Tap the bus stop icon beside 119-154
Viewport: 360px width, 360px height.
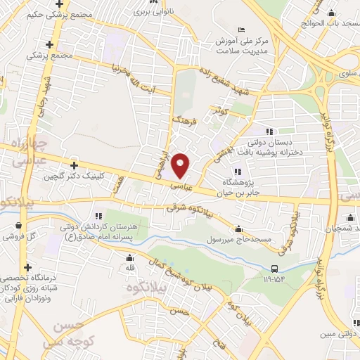(x=274, y=268)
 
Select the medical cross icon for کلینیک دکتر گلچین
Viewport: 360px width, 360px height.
(x=73, y=165)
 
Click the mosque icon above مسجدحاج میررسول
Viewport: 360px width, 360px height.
(x=238, y=229)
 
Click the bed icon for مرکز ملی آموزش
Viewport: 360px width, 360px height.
(x=242, y=30)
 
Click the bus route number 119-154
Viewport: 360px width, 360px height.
(x=274, y=279)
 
